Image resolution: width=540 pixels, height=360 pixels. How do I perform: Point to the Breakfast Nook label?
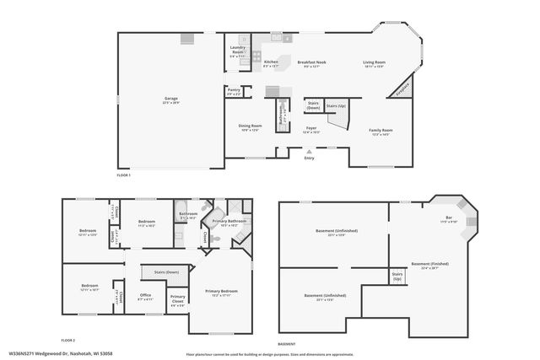[312, 63]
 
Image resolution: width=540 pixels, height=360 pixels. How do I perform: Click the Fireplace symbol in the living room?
[404, 86]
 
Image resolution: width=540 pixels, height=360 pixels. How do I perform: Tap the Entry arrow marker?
[308, 151]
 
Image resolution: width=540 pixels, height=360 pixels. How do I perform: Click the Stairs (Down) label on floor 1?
[313, 106]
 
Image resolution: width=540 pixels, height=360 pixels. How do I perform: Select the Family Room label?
[381, 132]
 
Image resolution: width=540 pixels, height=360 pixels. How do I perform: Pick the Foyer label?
[310, 130]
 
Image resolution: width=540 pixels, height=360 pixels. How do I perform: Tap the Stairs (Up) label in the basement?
[397, 276]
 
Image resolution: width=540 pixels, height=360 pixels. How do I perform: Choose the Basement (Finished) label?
[430, 266]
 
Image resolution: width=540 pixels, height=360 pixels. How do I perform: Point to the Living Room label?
[374, 63]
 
